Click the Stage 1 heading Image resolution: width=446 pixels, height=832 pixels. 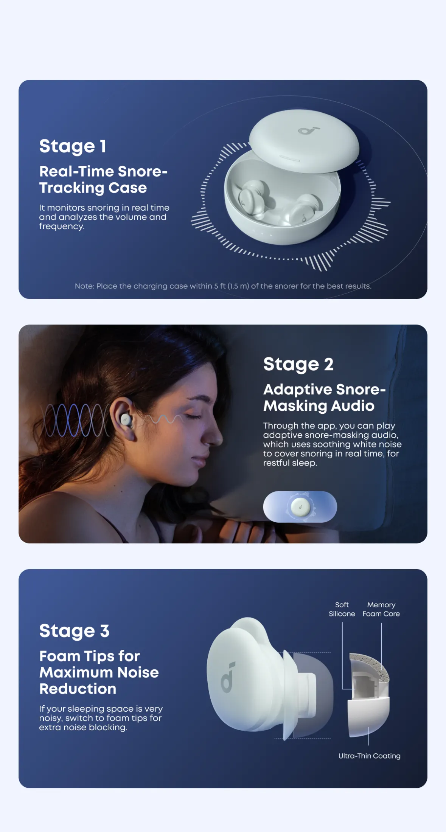coord(73,146)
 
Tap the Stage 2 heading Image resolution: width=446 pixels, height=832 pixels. coord(298,365)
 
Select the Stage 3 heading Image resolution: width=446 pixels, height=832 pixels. coord(75,631)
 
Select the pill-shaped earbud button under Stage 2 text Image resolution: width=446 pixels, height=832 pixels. coord(300,507)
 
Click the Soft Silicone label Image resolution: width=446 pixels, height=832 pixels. coord(342,609)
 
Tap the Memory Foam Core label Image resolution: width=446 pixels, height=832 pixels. coord(381,609)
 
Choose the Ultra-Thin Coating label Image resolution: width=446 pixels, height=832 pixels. coord(369,756)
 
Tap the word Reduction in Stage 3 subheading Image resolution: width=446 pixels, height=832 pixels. coord(78,689)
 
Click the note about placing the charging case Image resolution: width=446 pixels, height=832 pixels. coord(223,286)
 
